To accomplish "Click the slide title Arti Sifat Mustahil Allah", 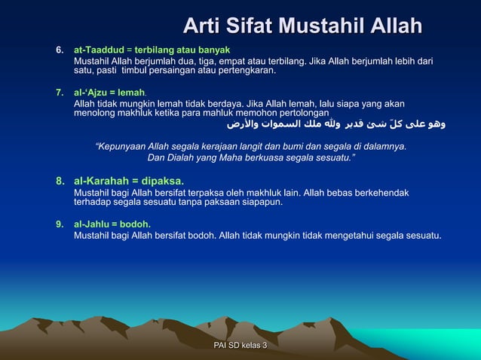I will pos(302,27).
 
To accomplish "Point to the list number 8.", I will pos(60,182).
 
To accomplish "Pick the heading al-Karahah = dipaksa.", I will pos(128,182).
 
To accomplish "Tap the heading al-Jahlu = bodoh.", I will pos(112,224).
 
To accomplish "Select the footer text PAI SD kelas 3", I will pos(240,344).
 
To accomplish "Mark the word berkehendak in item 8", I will pos(383,193).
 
